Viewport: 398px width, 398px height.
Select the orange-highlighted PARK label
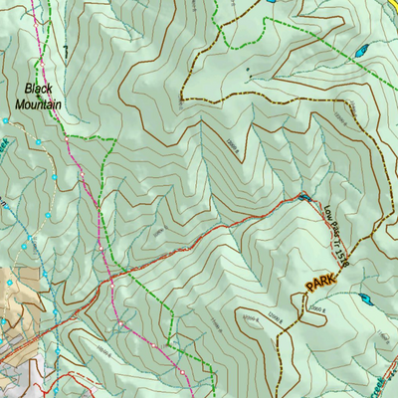pyautogui.click(x=321, y=284)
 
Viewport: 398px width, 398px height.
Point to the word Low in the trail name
pyautogui.click(x=328, y=212)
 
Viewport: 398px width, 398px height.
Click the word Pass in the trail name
pyautogui.click(x=333, y=231)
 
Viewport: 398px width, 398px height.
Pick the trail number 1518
pyautogui.click(x=341, y=261)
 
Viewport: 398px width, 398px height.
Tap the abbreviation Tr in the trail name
pyautogui.click(x=337, y=246)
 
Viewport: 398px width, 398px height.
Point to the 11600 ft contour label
pyautogui.click(x=234, y=147)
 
